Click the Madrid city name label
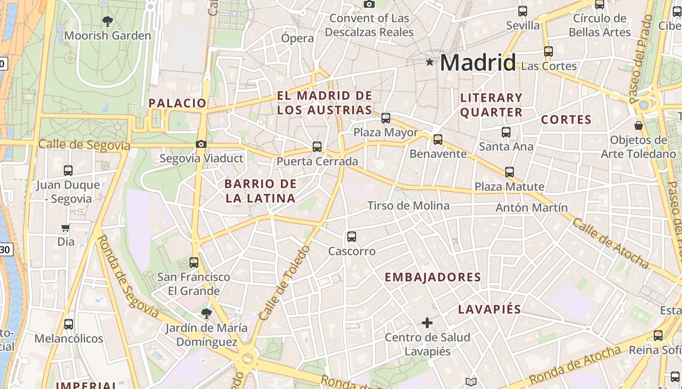[477, 63]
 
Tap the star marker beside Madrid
[430, 62]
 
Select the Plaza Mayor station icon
[386, 118]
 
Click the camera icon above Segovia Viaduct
[201, 144]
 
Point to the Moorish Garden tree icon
[108, 21]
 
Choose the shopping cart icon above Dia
[65, 228]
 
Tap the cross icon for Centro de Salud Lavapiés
[427, 322]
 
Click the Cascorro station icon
[352, 237]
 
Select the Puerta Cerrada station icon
[317, 146]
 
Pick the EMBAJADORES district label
[433, 278]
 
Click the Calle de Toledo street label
[285, 283]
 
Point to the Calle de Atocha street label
[610, 243]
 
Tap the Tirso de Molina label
[408, 206]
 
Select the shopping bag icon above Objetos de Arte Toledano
[639, 125]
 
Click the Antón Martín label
[531, 208]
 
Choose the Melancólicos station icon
[69, 324]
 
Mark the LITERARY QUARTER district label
[491, 105]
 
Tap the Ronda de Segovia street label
[128, 277]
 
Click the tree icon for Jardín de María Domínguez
[206, 313]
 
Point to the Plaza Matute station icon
[510, 172]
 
